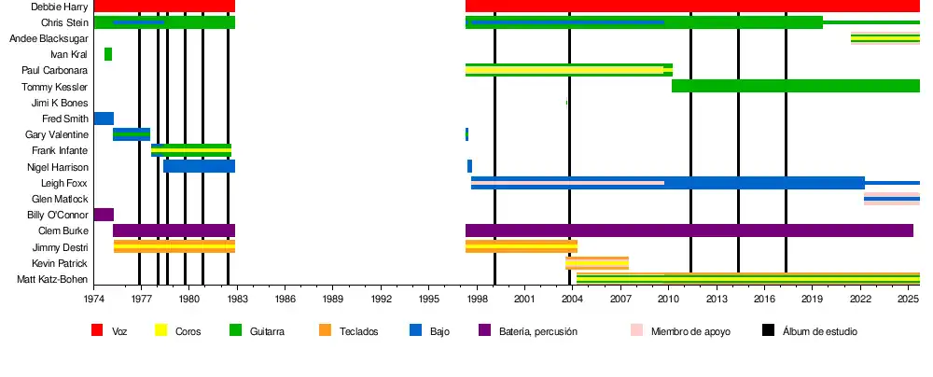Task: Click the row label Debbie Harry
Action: tap(60, 7)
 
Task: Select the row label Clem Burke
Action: tap(63, 230)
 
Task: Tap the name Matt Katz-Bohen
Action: tap(52, 279)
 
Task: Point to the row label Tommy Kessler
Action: tap(55, 87)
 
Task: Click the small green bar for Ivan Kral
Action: tap(108, 54)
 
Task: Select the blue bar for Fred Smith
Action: tap(104, 119)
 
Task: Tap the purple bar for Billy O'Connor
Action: tap(104, 215)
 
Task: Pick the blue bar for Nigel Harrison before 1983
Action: tap(199, 166)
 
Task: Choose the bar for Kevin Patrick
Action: tap(597, 263)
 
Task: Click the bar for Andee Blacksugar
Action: tap(884, 38)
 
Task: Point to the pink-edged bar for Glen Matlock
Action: tap(891, 199)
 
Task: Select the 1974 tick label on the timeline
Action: tap(94, 299)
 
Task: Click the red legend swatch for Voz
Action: tap(96, 330)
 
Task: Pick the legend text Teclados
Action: tap(359, 331)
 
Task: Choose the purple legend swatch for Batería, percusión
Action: tap(484, 330)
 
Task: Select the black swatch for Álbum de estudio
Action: tap(768, 330)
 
